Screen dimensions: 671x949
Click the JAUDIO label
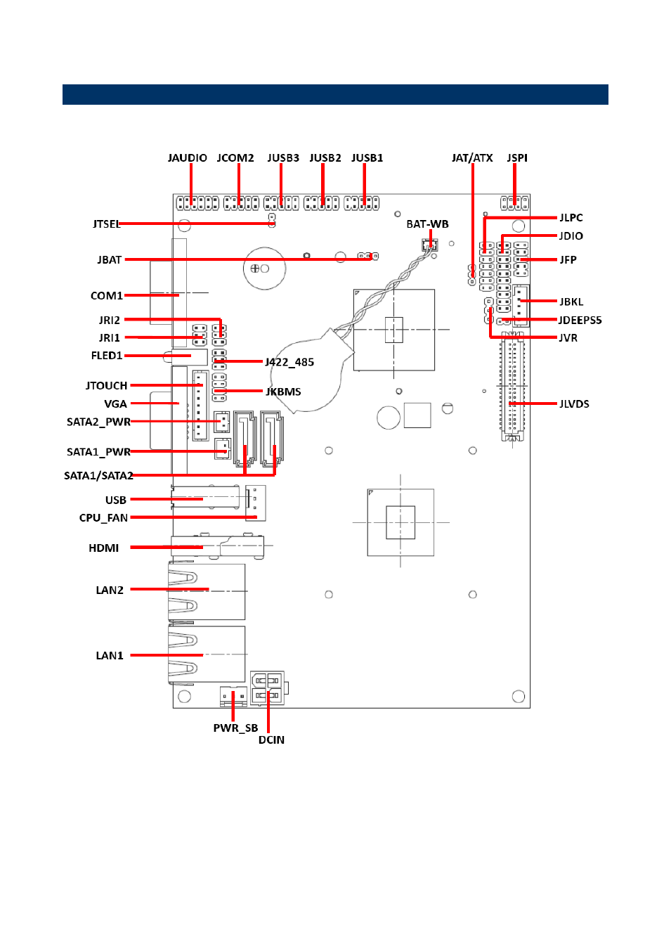(x=187, y=158)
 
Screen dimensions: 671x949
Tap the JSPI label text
(x=517, y=158)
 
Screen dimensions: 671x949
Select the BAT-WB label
(x=427, y=224)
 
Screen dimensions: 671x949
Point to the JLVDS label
(x=574, y=404)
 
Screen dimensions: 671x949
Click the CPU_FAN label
(x=103, y=517)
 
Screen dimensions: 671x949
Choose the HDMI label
(x=103, y=548)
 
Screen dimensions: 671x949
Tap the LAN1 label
(x=109, y=656)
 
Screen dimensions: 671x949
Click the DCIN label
(x=271, y=740)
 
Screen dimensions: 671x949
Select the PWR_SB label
(x=235, y=728)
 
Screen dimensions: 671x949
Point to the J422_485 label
(x=289, y=362)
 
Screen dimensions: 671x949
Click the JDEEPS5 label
(x=580, y=321)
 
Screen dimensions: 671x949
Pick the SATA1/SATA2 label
(x=98, y=476)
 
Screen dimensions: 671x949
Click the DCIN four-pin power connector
(x=267, y=688)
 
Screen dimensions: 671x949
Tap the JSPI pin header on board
(x=514, y=203)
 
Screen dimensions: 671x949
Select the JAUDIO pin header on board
(x=197, y=203)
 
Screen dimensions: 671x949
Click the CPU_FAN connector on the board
(x=255, y=503)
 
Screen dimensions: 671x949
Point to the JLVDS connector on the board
(x=513, y=387)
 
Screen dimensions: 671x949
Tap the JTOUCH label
(x=106, y=385)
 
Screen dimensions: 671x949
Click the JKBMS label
(x=283, y=392)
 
